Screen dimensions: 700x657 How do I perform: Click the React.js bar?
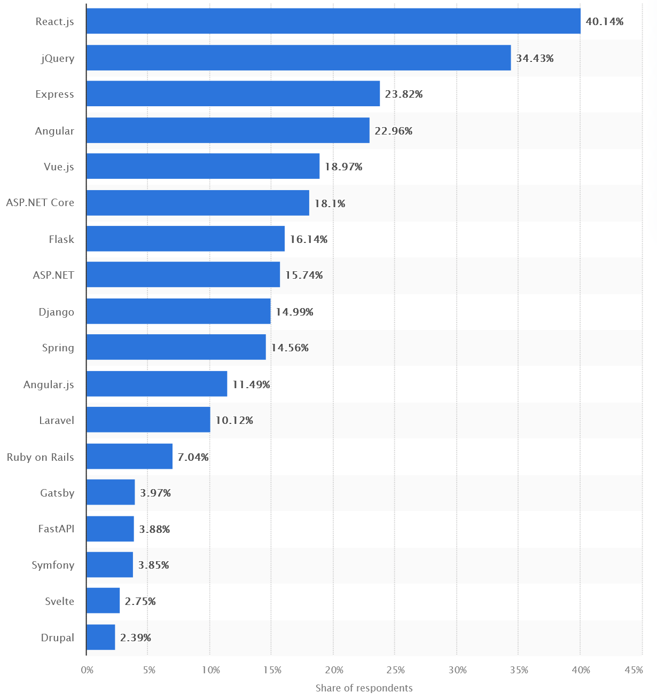333,21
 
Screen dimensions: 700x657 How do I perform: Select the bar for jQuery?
299,58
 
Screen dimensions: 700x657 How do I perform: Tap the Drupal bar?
100,637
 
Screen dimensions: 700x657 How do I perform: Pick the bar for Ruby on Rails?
129,457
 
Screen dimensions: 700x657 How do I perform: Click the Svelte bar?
103,601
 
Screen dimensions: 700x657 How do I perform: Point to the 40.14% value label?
605,21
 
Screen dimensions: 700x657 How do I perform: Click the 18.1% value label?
330,203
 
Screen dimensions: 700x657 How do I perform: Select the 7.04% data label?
193,457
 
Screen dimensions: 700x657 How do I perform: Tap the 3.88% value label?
154,529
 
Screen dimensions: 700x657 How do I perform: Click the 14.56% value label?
290,348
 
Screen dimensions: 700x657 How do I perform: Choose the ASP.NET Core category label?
40,203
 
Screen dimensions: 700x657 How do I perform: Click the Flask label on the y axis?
61,239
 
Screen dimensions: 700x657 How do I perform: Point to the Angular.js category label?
49,384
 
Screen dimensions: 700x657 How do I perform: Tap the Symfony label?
53,565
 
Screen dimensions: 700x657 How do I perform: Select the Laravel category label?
57,420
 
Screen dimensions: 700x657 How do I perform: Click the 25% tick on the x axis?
396,670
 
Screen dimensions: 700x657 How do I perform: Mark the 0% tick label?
87,670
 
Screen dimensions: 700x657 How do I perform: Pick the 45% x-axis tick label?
633,670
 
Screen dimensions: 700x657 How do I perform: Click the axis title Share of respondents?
364,688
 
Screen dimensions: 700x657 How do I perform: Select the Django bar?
178,311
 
